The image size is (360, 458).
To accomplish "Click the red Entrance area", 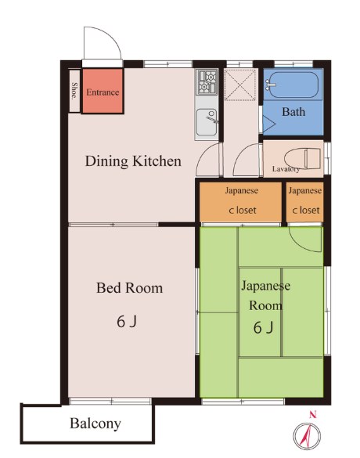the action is click(103, 91).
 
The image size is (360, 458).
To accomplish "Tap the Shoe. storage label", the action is click(75, 91).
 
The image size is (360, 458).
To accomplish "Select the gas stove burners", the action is click(207, 82).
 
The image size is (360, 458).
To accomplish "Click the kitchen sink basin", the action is click(207, 122).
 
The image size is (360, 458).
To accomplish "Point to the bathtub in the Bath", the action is click(293, 85).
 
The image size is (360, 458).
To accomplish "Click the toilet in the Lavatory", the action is click(303, 158).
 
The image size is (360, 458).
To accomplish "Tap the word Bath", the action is click(293, 112).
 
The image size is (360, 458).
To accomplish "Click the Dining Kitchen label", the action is click(133, 161).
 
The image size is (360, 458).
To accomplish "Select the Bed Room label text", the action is click(129, 287).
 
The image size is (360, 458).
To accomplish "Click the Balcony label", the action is click(95, 424).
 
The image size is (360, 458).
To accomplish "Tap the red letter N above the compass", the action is click(313, 414).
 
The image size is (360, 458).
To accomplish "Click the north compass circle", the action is click(307, 436).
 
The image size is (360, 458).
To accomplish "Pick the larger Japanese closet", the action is click(240, 202).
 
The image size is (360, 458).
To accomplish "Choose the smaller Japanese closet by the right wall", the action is click(304, 202).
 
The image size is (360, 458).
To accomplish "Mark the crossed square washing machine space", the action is click(240, 85).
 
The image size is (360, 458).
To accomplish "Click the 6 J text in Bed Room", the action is click(127, 322).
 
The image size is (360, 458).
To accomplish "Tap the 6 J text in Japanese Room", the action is click(264, 327).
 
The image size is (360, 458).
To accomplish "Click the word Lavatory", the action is click(286, 169).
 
